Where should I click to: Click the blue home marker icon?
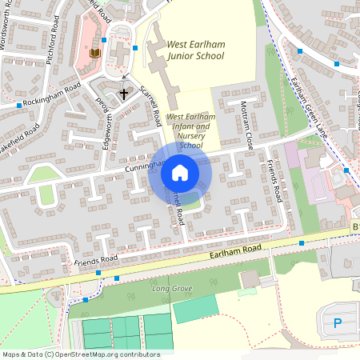pos(180,173)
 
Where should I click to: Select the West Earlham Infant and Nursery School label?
pos(191,131)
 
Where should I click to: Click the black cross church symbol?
pos(124,94)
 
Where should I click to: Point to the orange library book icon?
pos(95,53)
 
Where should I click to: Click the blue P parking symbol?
pos(337,324)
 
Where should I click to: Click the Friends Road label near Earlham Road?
pos(96,259)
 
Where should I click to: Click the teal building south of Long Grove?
pos(195,308)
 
